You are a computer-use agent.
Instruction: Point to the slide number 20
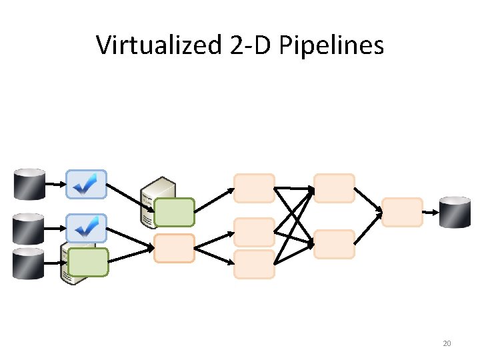(447, 343)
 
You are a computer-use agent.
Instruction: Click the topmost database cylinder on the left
(29, 185)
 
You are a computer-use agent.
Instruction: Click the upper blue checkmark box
(87, 184)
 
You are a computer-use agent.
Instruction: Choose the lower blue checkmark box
(87, 229)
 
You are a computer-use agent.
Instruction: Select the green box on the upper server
(175, 212)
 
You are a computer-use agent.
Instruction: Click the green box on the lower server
(87, 262)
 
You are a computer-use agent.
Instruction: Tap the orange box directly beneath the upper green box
(174, 247)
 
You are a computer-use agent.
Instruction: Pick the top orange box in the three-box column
(254, 188)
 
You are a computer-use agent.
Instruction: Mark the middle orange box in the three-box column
(254, 232)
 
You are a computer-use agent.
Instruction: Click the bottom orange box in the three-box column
(254, 264)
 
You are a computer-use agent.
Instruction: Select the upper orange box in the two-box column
(334, 188)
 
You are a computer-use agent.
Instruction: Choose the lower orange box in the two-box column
(334, 244)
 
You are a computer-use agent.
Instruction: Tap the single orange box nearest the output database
(403, 212)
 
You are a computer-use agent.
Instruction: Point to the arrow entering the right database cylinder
(432, 213)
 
